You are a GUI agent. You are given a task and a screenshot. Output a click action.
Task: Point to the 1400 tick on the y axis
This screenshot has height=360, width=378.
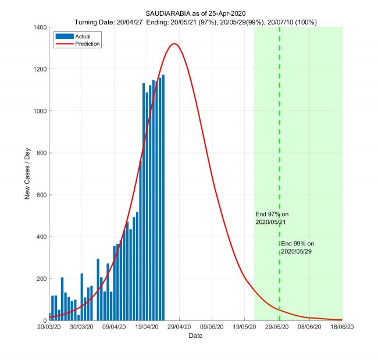tap(39, 27)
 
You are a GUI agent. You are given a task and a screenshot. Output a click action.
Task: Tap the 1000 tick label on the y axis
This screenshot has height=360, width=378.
tap(39, 111)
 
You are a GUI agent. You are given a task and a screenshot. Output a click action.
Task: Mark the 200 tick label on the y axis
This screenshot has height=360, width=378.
tap(41, 279)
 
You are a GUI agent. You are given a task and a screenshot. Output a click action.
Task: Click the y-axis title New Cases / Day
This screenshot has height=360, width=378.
tap(27, 174)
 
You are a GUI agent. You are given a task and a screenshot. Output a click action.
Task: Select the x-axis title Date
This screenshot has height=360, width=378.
tap(196, 336)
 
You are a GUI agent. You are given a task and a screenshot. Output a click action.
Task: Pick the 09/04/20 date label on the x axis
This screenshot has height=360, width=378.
tap(115, 327)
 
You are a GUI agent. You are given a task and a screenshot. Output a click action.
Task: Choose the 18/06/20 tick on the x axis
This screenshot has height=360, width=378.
tap(342, 327)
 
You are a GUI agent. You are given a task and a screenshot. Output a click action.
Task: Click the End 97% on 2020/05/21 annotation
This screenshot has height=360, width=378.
tap(272, 218)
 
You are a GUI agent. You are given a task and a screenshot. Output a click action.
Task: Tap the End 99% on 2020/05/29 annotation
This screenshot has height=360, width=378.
tap(298, 247)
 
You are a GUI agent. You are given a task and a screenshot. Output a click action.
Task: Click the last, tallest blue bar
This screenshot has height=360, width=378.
tap(163, 198)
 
